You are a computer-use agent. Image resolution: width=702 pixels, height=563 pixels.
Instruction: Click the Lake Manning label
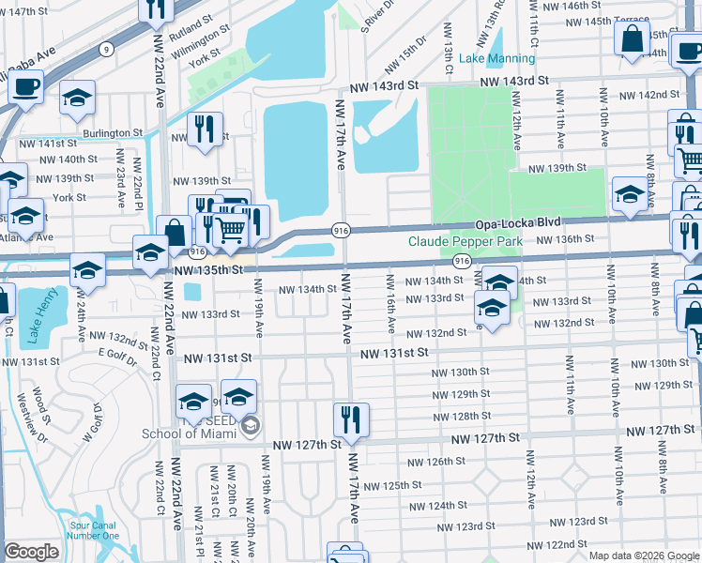(496, 58)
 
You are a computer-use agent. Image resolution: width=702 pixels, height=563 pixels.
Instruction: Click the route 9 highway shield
(109, 48)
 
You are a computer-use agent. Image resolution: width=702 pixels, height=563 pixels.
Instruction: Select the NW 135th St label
(208, 269)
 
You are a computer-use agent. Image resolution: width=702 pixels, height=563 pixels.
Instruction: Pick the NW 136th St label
(567, 239)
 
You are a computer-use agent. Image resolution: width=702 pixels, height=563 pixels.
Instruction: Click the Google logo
(31, 552)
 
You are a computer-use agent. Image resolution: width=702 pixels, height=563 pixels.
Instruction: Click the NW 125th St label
(393, 485)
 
